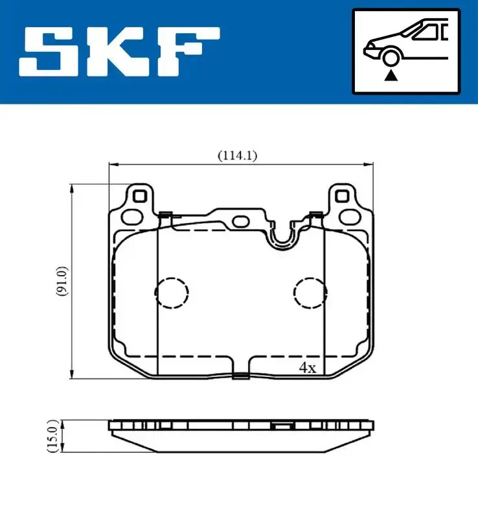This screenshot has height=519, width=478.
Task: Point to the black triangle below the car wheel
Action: (x=390, y=76)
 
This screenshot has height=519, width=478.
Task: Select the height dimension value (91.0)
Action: (x=60, y=281)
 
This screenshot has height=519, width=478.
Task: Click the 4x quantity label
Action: (x=306, y=368)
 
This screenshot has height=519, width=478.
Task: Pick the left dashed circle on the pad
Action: (x=171, y=293)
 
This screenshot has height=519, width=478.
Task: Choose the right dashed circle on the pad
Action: (x=310, y=293)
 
